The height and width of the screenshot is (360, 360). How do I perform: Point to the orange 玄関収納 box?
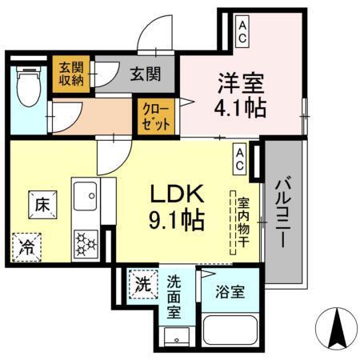[69, 74]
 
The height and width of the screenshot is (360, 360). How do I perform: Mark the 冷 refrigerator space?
[27, 246]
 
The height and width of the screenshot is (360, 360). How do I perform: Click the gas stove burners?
[85, 241]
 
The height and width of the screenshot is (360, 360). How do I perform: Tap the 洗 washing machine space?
[142, 283]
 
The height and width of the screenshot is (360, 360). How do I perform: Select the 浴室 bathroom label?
[230, 293]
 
